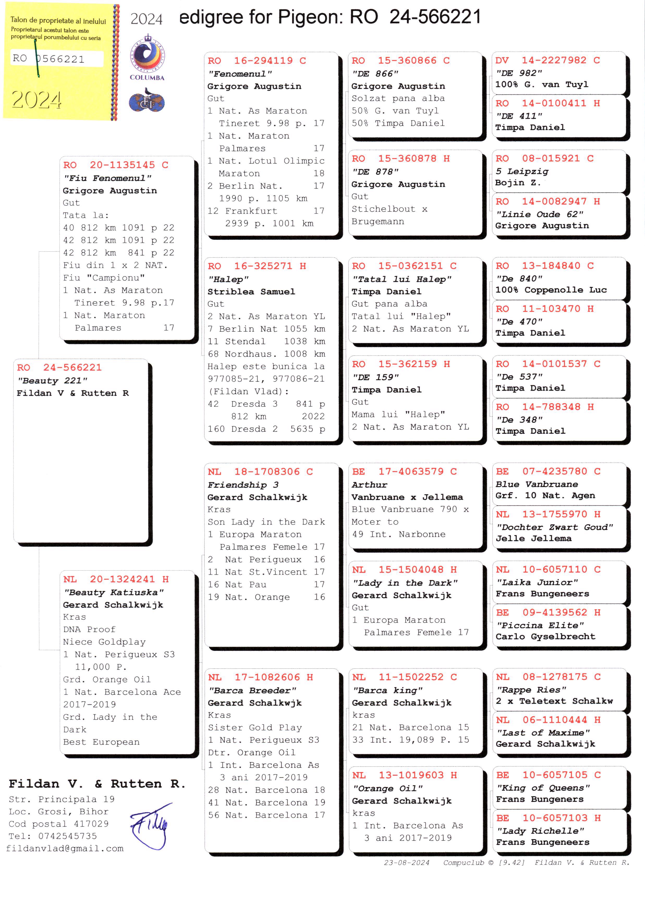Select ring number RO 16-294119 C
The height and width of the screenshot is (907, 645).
tap(257, 61)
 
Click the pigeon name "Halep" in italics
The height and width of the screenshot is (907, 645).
tap(228, 279)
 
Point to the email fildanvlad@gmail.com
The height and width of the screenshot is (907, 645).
tap(65, 848)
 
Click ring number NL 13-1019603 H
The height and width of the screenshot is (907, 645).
tap(404, 775)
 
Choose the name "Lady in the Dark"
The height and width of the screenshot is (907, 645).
tap(405, 583)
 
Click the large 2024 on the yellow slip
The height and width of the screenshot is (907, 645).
tap(36, 99)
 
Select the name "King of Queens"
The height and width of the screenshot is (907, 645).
tap(543, 788)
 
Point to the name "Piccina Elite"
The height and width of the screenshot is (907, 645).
tap(540, 625)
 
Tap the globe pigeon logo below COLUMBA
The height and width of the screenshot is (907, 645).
tap(147, 101)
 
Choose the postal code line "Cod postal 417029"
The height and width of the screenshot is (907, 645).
tap(59, 824)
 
